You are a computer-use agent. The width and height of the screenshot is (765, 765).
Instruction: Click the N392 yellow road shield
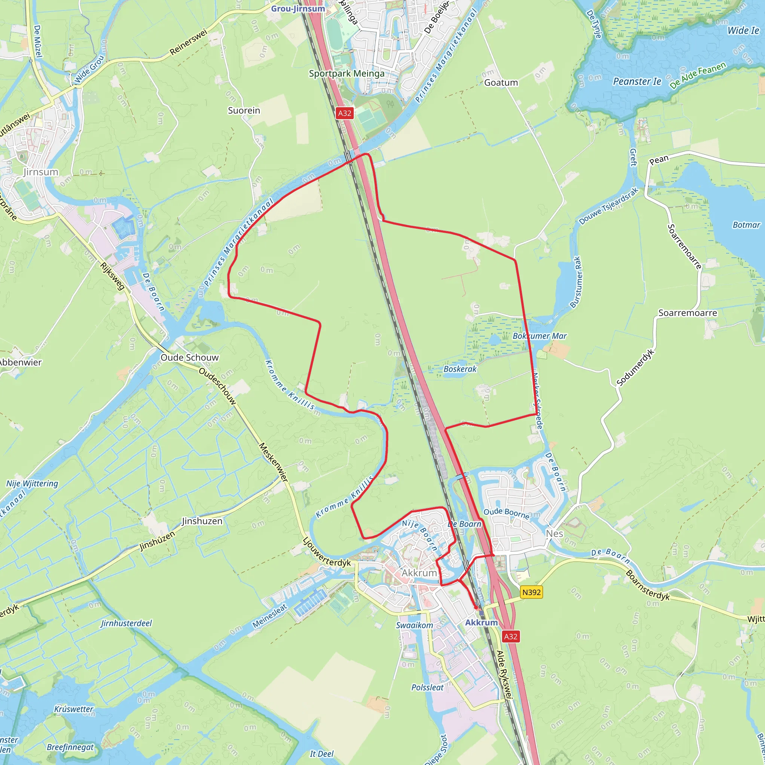[532, 592]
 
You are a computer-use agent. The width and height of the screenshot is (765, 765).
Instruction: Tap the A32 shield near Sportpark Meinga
[344, 113]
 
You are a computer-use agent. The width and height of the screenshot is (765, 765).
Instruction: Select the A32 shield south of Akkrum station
[510, 636]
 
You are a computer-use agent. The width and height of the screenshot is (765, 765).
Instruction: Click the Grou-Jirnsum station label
[298, 9]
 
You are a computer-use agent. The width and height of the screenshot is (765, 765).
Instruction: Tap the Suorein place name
[244, 111]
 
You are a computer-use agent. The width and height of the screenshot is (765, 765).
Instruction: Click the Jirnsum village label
[41, 172]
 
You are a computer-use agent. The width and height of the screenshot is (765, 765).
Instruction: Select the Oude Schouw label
[190, 357]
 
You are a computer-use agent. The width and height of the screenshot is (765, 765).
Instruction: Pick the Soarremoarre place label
[688, 313]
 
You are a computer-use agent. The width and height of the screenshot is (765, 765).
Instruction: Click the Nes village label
[554, 534]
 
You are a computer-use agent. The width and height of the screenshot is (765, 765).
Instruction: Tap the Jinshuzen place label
[202, 521]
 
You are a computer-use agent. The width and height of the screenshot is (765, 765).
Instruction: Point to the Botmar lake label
[746, 225]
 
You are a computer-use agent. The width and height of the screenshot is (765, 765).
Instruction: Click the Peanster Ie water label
[637, 81]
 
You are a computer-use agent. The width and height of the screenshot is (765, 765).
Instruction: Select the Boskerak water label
[460, 369]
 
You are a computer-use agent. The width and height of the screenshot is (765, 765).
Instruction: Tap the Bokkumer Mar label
[540, 336]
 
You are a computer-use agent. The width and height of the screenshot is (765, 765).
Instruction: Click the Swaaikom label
[415, 625]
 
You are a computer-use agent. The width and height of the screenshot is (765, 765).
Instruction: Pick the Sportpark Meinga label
[347, 74]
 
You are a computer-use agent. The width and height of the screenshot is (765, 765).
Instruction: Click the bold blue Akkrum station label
[481, 622]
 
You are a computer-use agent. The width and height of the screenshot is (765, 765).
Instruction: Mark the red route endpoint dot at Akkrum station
[476, 607]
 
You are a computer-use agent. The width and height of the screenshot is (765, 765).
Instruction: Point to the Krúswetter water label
[74, 709]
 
